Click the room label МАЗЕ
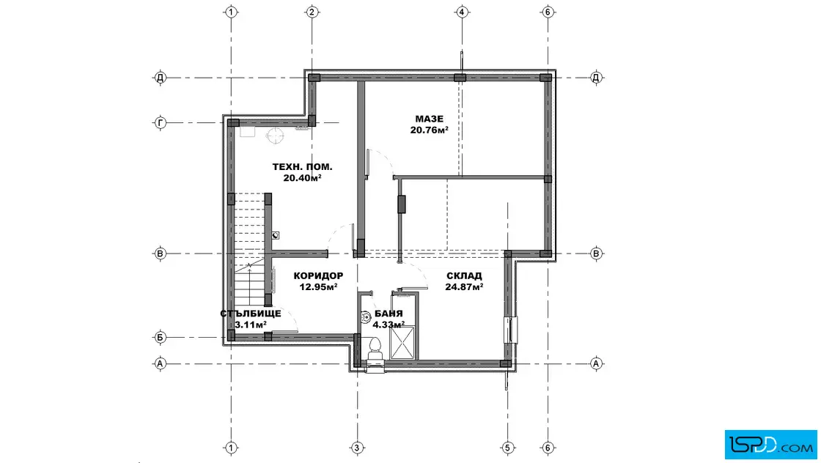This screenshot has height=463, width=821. (429, 119)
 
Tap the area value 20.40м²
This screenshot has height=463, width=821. (302, 178)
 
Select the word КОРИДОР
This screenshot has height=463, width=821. (318, 275)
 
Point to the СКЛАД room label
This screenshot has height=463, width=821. (464, 275)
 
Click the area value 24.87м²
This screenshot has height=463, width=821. (464, 286)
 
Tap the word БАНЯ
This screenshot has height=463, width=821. (389, 314)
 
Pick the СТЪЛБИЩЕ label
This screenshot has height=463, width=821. (250, 314)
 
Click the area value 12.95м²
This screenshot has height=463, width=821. (318, 286)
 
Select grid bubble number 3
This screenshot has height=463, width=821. (357, 448)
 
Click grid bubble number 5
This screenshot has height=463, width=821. (507, 448)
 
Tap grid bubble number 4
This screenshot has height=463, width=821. (461, 12)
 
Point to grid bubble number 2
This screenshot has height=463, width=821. (312, 12)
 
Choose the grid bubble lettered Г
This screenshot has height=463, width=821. (161, 123)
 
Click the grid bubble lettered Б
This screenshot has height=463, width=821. (161, 338)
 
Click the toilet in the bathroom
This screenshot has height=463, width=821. (375, 350)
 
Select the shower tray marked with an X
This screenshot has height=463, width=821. (402, 342)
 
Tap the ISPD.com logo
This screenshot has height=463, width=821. (770, 445)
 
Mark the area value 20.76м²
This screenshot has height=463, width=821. (429, 130)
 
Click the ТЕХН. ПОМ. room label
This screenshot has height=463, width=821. (302, 167)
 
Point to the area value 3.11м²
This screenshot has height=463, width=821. (250, 325)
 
